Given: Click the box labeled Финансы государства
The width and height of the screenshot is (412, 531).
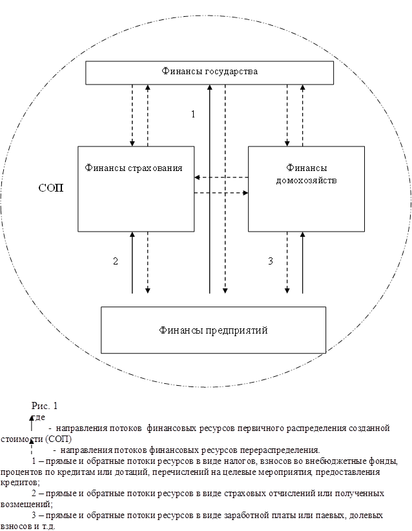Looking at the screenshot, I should coord(210,73).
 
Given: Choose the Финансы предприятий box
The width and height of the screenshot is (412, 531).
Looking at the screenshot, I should coord(213,330).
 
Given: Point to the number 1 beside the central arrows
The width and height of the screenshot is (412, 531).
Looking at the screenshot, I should coord(192,114).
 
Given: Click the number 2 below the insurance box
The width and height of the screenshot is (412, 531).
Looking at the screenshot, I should coord(116,261).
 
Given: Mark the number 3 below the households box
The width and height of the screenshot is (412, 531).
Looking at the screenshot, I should coord(271,261).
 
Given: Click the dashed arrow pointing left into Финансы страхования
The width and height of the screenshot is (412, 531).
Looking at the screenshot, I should coord(221,177).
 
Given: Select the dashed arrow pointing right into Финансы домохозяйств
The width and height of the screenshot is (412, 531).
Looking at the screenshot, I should coord(221,192).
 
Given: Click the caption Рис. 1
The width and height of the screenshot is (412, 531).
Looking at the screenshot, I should coord(45,406).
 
